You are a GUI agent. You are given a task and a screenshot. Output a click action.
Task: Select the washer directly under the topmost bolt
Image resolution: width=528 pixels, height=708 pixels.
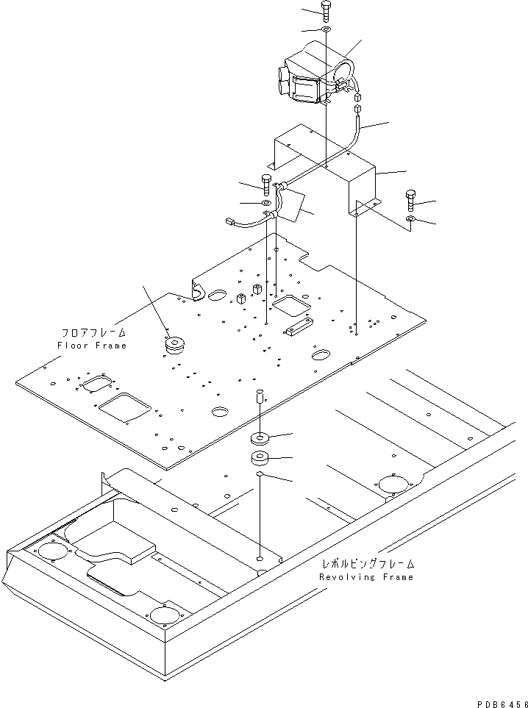point(325,29)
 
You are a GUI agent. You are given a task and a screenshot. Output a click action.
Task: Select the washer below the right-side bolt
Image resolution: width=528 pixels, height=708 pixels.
point(410,220)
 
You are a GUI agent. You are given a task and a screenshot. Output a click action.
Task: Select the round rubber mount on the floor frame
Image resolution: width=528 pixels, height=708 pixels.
point(175,344)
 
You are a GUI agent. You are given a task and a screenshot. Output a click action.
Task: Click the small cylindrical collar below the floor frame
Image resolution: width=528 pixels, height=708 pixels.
point(260,398)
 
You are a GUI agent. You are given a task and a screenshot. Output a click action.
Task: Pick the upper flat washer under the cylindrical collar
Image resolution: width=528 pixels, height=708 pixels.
point(260,440)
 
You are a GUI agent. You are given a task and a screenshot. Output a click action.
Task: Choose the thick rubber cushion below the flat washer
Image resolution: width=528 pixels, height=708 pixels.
point(260,460)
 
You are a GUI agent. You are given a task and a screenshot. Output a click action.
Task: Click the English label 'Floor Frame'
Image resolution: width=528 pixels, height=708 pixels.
point(92,346)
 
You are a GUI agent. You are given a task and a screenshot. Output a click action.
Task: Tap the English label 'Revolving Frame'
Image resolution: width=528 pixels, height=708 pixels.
point(366,577)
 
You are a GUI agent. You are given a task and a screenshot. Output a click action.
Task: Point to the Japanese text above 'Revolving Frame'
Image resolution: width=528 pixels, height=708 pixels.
point(368,564)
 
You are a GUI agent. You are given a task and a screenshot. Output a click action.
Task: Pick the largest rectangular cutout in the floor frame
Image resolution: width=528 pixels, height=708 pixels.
point(125,406)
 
